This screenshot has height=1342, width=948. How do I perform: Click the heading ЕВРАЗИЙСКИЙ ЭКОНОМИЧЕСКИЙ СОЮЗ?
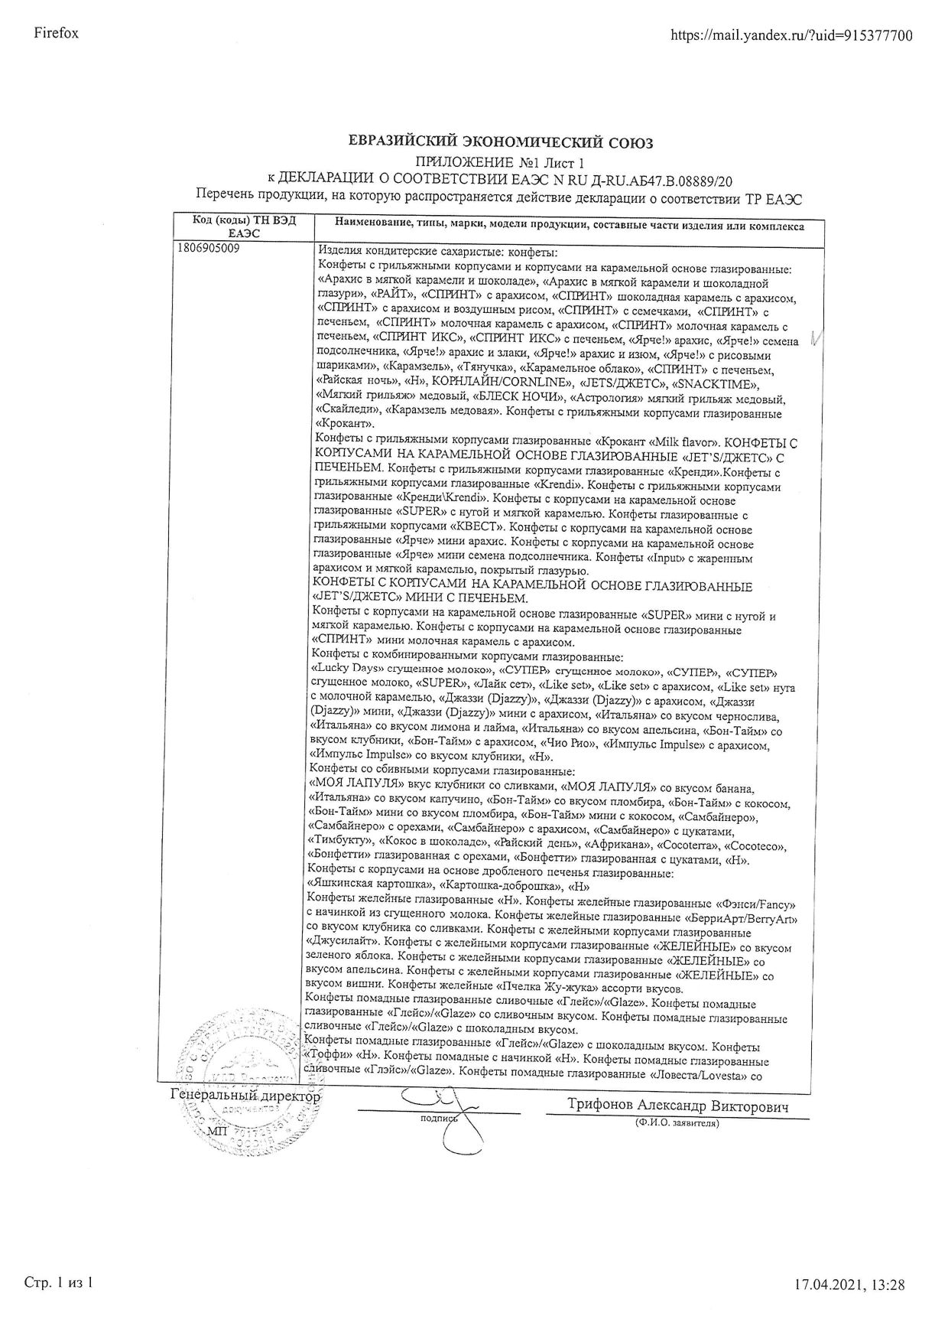coord(501,142)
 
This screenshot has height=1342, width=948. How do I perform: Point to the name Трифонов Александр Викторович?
coord(677,1106)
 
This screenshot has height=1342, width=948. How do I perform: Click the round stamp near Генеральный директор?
coord(245,1071)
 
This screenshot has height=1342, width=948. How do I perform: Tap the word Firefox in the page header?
coord(57,33)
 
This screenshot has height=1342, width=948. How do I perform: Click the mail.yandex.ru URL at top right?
coord(791,35)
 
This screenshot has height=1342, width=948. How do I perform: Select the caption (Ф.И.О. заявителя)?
coord(676,1123)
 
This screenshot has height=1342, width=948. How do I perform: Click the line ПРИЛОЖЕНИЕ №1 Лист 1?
coord(501,162)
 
